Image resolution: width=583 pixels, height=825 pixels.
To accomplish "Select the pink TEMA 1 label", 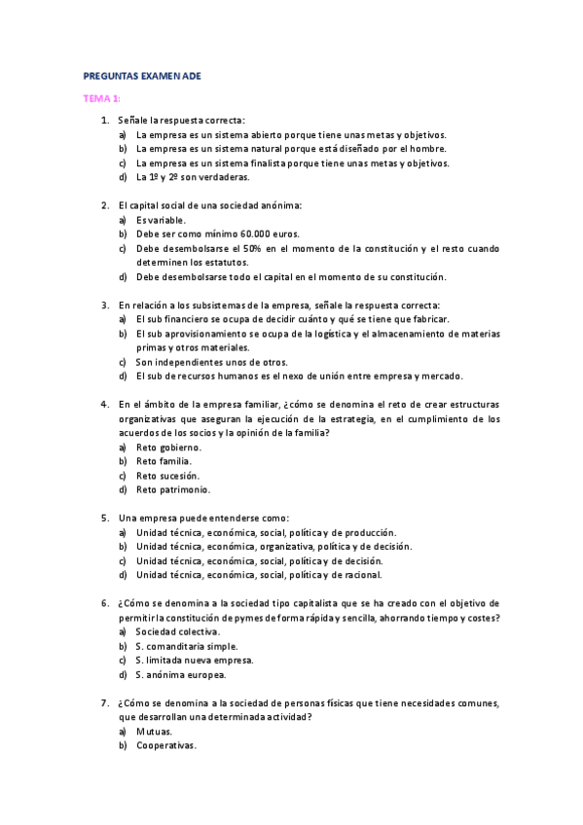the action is point(100,98).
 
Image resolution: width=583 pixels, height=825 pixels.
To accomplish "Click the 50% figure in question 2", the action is point(255,248).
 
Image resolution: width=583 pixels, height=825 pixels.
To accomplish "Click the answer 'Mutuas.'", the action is point(155,731).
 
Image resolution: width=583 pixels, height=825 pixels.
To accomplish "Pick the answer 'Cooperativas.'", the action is point(166,745).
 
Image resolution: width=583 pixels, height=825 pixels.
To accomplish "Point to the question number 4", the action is point(104,405).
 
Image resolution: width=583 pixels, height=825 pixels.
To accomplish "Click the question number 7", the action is point(104,702).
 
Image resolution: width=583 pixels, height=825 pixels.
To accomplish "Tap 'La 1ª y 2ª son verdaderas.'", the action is point(193,177).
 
